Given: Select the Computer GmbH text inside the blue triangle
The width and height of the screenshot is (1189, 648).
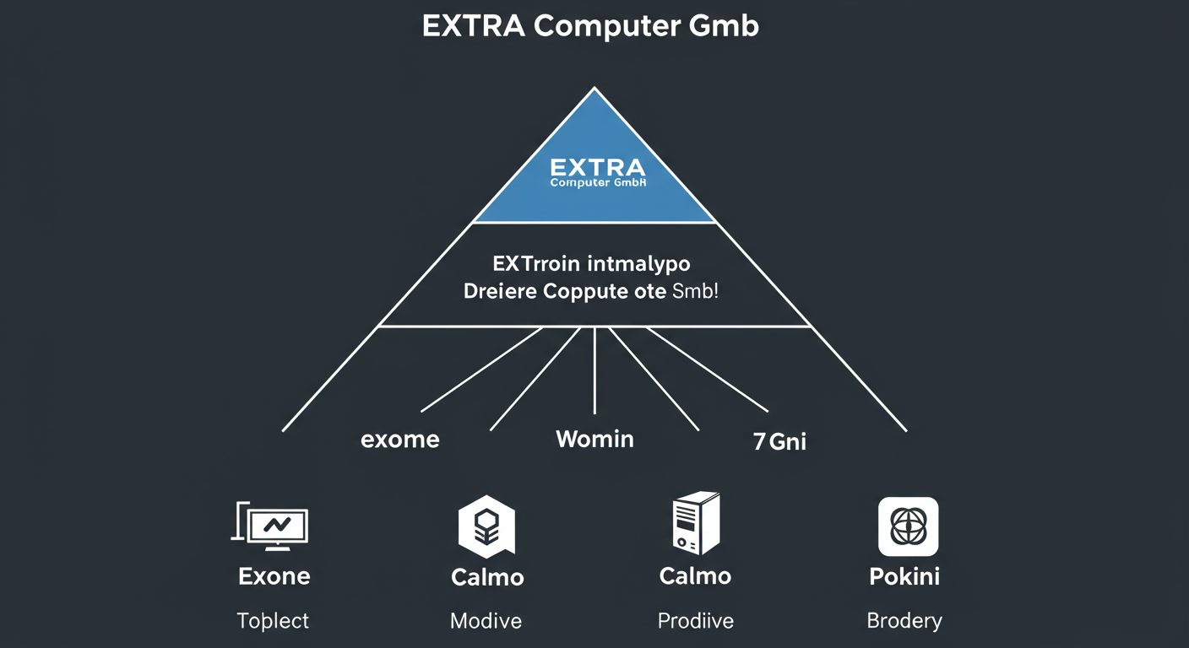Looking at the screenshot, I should (597, 182).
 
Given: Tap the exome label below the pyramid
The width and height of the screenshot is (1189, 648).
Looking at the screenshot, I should (399, 440).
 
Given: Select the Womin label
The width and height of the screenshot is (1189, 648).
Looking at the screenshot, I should (594, 439).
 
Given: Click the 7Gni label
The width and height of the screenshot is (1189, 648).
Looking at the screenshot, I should (779, 440).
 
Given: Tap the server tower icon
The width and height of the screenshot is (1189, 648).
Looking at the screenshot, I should (695, 524).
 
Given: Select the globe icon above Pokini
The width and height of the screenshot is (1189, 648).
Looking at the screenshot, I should (908, 526).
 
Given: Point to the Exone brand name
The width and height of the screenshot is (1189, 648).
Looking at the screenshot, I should (274, 577).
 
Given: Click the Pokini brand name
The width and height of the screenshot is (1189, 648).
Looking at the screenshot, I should (904, 577).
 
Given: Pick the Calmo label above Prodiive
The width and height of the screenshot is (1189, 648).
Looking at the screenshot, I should (695, 577).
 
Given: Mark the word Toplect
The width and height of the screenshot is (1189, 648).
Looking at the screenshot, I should (273, 622).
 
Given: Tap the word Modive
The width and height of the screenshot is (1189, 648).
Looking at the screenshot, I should (486, 622).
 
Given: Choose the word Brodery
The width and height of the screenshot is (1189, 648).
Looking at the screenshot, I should (904, 622).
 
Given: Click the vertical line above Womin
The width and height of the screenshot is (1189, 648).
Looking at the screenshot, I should (595, 371).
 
